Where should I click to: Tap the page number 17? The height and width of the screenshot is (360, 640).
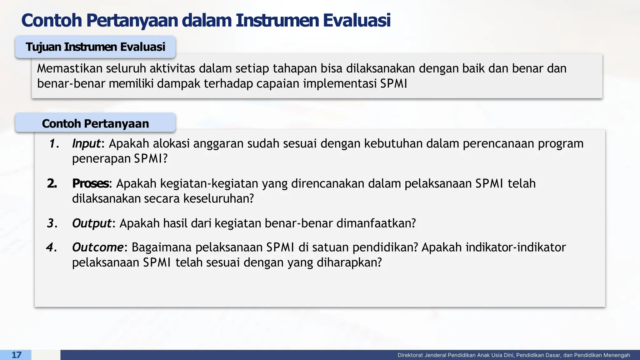pyautogui.click(x=16, y=355)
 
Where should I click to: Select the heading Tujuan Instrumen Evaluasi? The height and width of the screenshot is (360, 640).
pyautogui.click(x=95, y=47)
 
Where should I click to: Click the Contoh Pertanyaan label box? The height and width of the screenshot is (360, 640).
pyautogui.click(x=95, y=123)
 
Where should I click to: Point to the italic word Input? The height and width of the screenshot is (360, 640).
pyautogui.click(x=86, y=144)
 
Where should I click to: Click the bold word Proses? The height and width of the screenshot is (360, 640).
pyautogui.click(x=90, y=183)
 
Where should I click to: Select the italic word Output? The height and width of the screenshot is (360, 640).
pyautogui.click(x=92, y=223)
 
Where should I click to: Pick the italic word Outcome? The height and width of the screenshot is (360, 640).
pyautogui.click(x=98, y=247)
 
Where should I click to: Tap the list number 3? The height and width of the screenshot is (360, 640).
pyautogui.click(x=52, y=223)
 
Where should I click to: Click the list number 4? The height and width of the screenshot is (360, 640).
pyautogui.click(x=51, y=247)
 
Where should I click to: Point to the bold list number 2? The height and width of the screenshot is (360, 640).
pyautogui.click(x=52, y=183)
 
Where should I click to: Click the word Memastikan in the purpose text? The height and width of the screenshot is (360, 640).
pyautogui.click(x=70, y=68)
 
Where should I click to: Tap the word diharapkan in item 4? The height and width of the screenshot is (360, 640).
pyautogui.click(x=349, y=262)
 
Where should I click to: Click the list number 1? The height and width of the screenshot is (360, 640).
pyautogui.click(x=54, y=144)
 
